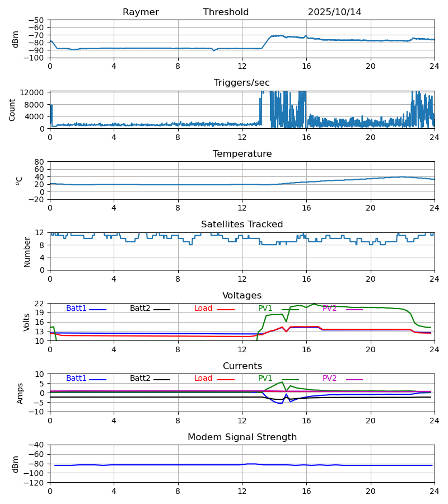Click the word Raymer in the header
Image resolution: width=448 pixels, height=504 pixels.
click(x=141, y=12)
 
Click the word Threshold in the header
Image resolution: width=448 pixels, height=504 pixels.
click(x=226, y=12)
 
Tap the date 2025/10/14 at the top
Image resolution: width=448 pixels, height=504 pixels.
click(x=334, y=12)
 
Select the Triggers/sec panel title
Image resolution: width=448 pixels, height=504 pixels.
click(x=242, y=83)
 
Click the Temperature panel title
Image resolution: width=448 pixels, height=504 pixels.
click(x=242, y=154)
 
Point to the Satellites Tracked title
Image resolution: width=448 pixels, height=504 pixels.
click(x=242, y=225)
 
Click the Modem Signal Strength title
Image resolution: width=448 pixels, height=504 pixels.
click(x=242, y=437)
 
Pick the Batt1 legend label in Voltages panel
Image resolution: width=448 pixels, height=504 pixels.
click(x=76, y=309)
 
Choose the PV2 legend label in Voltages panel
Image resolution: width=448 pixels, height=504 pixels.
click(x=330, y=309)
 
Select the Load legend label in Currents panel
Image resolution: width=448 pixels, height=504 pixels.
click(x=203, y=379)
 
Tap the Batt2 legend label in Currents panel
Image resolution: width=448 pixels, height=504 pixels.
click(x=140, y=379)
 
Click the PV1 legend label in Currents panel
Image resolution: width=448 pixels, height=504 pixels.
click(x=265, y=379)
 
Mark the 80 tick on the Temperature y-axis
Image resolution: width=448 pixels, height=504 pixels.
click(x=40, y=162)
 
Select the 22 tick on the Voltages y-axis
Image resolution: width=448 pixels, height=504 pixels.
click(x=40, y=304)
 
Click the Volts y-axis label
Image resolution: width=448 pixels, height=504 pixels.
click(x=27, y=322)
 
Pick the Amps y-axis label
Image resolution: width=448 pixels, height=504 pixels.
click(x=21, y=393)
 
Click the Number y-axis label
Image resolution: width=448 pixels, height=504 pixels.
click(x=27, y=251)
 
